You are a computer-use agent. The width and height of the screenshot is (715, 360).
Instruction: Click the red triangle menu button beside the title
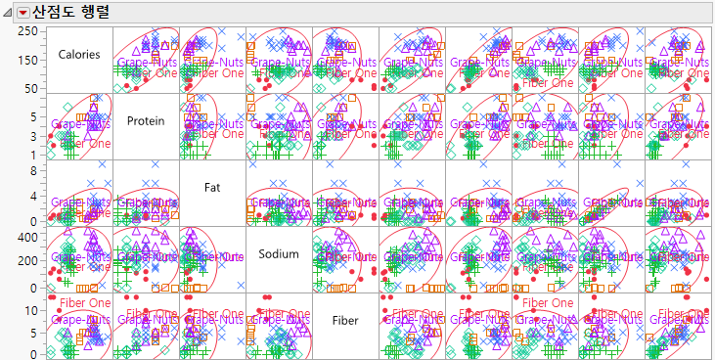point(23,13)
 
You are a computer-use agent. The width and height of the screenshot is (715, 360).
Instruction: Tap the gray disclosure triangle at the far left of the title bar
point(8,13)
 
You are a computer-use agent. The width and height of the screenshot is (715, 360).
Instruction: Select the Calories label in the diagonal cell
point(79,55)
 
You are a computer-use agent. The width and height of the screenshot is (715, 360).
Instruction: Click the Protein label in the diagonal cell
point(146,120)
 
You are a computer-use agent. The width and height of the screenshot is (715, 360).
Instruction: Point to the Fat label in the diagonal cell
point(212,187)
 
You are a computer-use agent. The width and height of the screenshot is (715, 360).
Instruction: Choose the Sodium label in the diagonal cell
point(279,253)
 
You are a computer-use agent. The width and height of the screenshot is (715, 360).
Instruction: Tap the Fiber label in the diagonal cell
point(345,320)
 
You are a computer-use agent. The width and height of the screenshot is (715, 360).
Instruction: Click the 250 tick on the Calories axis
point(28,32)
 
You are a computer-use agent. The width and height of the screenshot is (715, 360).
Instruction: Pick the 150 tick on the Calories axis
point(28,60)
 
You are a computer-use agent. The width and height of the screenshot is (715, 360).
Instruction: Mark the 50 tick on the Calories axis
point(31,88)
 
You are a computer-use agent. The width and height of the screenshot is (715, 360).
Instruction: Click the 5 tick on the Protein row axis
point(35,115)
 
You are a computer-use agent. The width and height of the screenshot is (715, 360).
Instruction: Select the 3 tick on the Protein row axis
point(35,135)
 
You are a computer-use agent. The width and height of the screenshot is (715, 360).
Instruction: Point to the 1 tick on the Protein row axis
point(35,155)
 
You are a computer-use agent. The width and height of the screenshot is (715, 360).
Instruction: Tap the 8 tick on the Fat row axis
point(35,170)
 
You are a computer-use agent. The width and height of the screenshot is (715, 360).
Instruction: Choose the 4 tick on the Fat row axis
point(35,196)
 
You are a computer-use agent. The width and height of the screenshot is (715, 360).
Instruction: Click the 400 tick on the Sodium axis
point(28,237)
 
